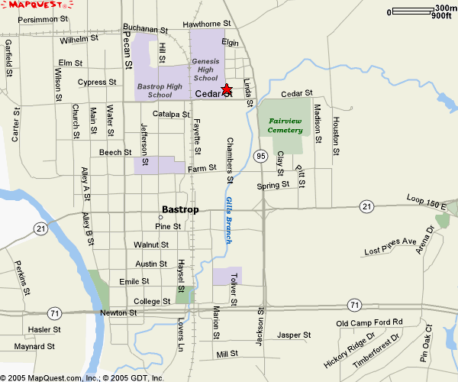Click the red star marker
point(226,89)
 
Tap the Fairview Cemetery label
point(285,125)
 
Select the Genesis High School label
point(205,69)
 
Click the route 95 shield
point(261,157)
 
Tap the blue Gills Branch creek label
point(229,220)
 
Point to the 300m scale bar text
point(443,8)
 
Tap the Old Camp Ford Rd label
point(369,322)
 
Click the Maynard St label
point(35,346)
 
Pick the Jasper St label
point(294,335)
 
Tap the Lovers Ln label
point(181,336)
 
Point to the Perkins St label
point(21,277)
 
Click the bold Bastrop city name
point(180,209)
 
